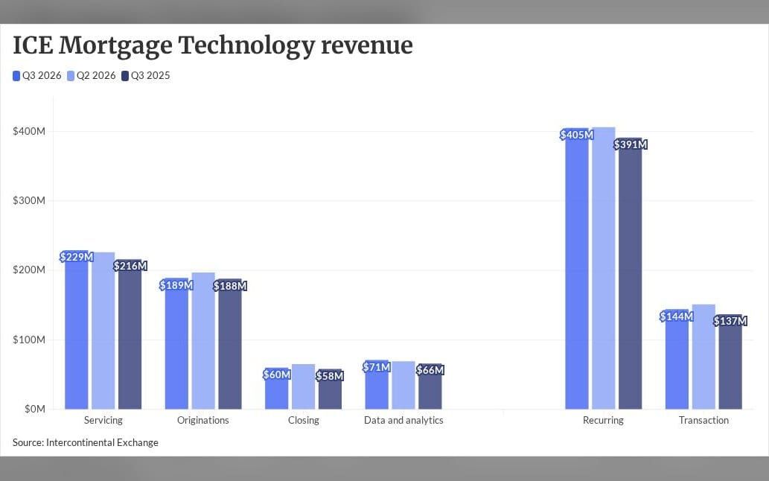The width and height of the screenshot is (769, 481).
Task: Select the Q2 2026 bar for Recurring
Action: click(603, 268)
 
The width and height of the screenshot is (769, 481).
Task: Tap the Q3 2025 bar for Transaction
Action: click(730, 361)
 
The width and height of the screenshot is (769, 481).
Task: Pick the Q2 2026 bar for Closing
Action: click(303, 386)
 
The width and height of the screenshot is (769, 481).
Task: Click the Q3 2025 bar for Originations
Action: click(230, 344)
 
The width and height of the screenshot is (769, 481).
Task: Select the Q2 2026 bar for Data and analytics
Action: click(403, 385)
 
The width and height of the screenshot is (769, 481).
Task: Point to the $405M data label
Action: click(577, 134)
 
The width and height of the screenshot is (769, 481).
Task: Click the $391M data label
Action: click(631, 144)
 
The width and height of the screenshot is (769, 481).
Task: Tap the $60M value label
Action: click(277, 374)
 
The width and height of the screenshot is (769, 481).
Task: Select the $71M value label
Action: click(377, 367)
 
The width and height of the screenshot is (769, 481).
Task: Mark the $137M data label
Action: click(730, 321)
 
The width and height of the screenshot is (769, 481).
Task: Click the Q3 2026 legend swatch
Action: click(16, 75)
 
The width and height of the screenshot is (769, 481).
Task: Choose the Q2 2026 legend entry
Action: click(92, 75)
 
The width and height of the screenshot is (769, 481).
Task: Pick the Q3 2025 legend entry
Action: click(146, 75)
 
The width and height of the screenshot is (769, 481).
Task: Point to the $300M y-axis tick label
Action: click(29, 200)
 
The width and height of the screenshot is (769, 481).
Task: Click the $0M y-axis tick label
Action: click(35, 409)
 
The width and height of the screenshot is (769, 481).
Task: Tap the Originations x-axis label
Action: click(203, 420)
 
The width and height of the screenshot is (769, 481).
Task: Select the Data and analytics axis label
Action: click(403, 420)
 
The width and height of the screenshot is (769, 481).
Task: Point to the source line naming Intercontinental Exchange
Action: click(86, 442)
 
